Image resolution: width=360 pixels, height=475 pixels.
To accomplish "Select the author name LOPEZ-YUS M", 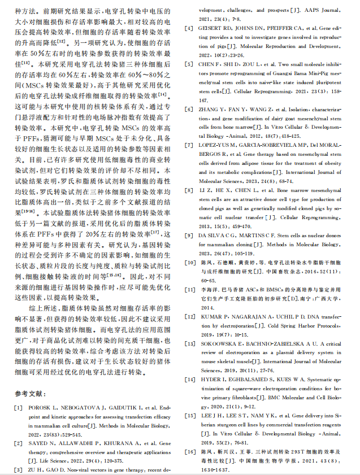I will click(220, 145).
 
